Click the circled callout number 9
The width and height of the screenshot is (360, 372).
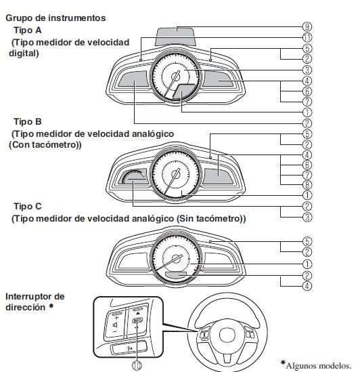pos(307,26)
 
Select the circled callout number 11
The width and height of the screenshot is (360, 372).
pos(307,37)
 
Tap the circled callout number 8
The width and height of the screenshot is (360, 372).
pos(307,185)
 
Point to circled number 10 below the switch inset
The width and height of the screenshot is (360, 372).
pos(137,366)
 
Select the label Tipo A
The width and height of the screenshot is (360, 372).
pos(28,30)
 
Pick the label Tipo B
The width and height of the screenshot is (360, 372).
pos(28,122)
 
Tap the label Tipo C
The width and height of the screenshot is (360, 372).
pos(28,207)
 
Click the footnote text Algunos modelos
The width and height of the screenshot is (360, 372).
pos(319,366)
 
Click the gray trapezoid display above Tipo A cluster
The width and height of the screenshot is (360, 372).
pos(175,37)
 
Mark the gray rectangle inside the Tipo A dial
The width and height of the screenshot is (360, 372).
pos(184,91)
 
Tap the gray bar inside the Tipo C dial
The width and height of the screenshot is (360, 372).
pos(176,274)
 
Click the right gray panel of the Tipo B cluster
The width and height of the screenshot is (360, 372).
pos(218,176)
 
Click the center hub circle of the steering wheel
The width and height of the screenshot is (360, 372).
pos(227,335)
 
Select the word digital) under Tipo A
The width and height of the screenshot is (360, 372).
pos(24,54)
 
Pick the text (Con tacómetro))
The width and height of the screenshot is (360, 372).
pos(45,145)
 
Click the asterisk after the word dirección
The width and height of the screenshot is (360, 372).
pos(51,306)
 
